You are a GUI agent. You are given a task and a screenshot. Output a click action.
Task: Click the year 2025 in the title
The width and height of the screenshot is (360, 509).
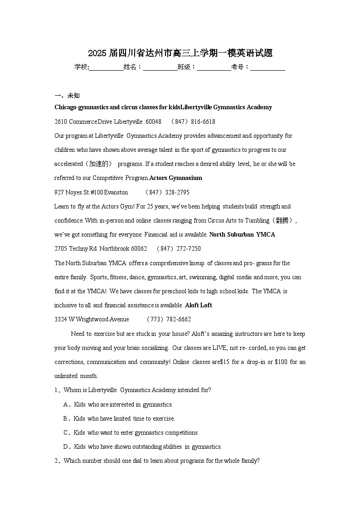[97, 53]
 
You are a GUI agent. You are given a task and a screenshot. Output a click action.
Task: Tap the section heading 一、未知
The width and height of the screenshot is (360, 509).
[67, 96]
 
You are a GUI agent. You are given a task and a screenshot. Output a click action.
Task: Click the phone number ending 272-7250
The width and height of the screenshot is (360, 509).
[179, 248]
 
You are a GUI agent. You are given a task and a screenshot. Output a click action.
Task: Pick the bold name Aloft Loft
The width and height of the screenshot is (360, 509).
[199, 305]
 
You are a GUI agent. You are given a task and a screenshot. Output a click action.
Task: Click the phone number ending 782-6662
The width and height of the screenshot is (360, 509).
[169, 319]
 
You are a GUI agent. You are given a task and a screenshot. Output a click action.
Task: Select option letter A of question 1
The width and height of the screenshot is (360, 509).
[66, 404]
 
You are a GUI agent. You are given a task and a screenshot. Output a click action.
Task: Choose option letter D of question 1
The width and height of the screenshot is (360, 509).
[66, 446]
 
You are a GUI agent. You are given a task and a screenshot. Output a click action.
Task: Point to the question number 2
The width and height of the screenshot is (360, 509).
[57, 461]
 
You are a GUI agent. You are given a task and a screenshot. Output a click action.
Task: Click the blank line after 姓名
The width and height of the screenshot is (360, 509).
[160, 67]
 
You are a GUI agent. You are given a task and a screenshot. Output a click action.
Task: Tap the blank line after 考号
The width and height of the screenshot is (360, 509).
[268, 67]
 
